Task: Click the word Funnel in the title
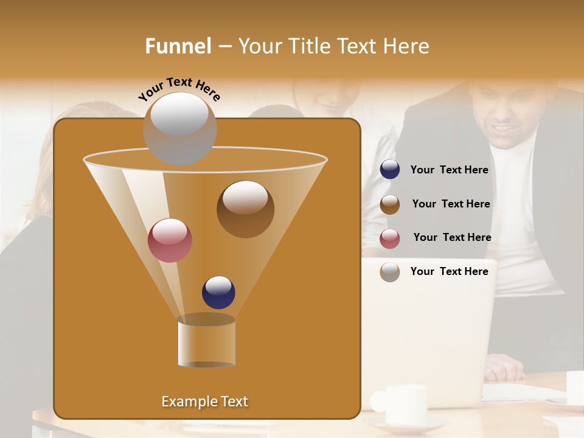pyautogui.click(x=178, y=46)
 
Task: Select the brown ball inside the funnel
pyautogui.click(x=245, y=209)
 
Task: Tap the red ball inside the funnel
pyautogui.click(x=170, y=240)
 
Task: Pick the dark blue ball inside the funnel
pyautogui.click(x=218, y=293)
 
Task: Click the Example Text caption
pyautogui.click(x=205, y=401)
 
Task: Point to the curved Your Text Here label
pyautogui.click(x=179, y=89)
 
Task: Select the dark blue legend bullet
pyautogui.click(x=390, y=170)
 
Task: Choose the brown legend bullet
pyautogui.click(x=390, y=204)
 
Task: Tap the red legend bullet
pyautogui.click(x=390, y=238)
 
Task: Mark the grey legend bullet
pyautogui.click(x=390, y=272)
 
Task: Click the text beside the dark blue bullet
pyautogui.click(x=450, y=170)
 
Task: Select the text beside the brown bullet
pyautogui.click(x=451, y=204)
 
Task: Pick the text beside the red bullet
pyautogui.click(x=452, y=237)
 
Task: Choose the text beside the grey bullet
pyautogui.click(x=450, y=271)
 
